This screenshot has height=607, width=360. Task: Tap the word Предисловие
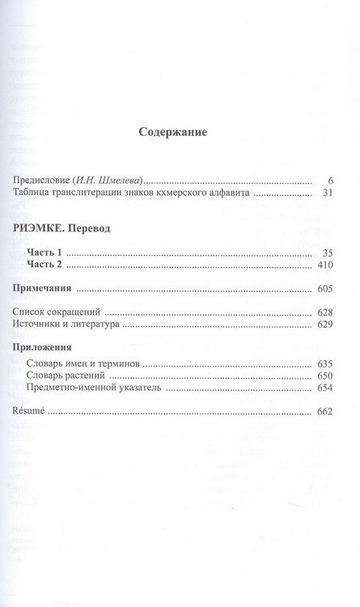(x=45, y=180)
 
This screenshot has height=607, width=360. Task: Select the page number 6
(x=320, y=180)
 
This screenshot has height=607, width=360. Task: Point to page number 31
(x=318, y=193)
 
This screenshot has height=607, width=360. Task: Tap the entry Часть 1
(x=45, y=254)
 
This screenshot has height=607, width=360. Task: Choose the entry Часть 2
(x=45, y=266)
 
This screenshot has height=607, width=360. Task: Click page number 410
(x=315, y=266)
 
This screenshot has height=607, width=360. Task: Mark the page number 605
(x=315, y=288)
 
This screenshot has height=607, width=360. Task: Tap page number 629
(x=315, y=324)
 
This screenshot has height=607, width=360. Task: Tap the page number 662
(x=315, y=411)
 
